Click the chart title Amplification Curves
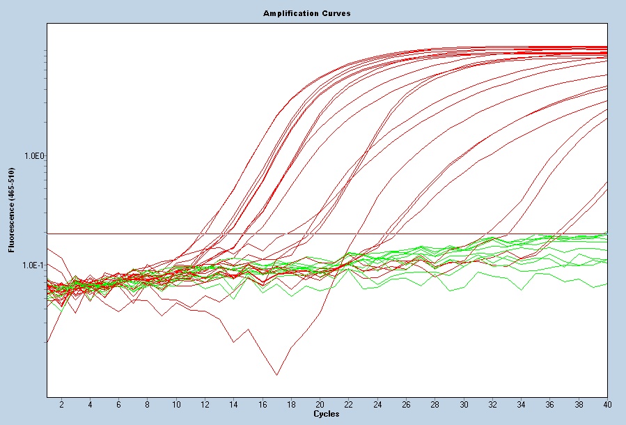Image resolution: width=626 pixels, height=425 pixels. tap(306, 13)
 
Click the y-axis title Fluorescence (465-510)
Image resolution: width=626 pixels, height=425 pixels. tap(10, 210)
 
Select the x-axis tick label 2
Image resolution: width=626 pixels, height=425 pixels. tap(61, 404)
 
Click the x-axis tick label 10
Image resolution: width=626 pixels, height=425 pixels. tap(176, 404)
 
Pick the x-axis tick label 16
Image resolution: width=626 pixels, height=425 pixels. tap(263, 404)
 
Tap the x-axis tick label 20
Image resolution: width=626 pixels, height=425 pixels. tap(320, 404)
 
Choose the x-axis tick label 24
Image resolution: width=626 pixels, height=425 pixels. tap(377, 404)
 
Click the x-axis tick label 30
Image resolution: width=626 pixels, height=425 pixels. tap(464, 404)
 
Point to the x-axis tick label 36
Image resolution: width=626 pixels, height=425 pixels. tap(550, 404)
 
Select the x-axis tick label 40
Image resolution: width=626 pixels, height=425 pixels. tap(607, 404)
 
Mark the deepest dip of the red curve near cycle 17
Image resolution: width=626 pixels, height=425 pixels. tap(276, 375)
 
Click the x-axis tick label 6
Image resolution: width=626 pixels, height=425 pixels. tap(119, 404)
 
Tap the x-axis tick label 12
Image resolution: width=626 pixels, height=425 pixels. tap(205, 404)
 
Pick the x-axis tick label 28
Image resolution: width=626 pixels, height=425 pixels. tap(435, 404)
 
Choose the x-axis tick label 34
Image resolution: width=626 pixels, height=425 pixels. tap(522, 404)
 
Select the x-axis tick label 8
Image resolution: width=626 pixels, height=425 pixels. tap(148, 404)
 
